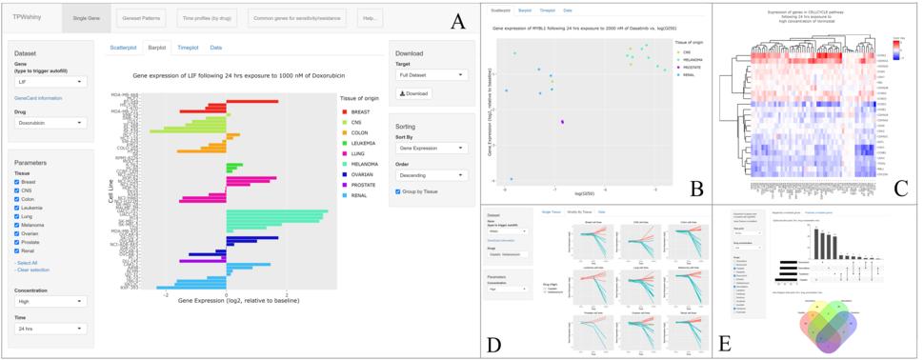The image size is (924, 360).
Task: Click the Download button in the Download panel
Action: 415,93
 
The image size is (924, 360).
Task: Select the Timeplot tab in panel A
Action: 188,47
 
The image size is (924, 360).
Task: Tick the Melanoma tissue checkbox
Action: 17,225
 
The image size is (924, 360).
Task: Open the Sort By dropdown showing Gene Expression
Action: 432,148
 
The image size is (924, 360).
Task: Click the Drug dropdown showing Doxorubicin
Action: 51,123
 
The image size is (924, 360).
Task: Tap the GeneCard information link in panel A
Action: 38,98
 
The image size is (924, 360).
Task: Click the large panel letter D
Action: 492,344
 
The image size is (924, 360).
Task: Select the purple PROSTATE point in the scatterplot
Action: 562,121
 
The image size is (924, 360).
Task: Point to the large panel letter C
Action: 899,187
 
